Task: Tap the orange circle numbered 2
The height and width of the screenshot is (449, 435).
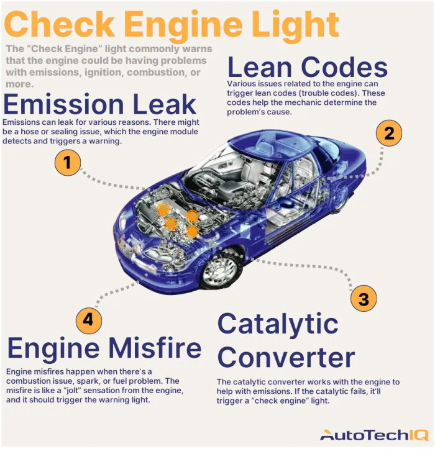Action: click(389, 133)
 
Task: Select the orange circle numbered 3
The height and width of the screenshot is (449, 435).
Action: click(364, 299)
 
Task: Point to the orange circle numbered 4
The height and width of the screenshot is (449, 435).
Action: click(89, 320)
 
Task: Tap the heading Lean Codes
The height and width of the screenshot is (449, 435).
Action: click(308, 67)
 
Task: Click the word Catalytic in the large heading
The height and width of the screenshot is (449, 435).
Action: click(278, 324)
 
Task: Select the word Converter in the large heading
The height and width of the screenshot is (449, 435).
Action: click(286, 358)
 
